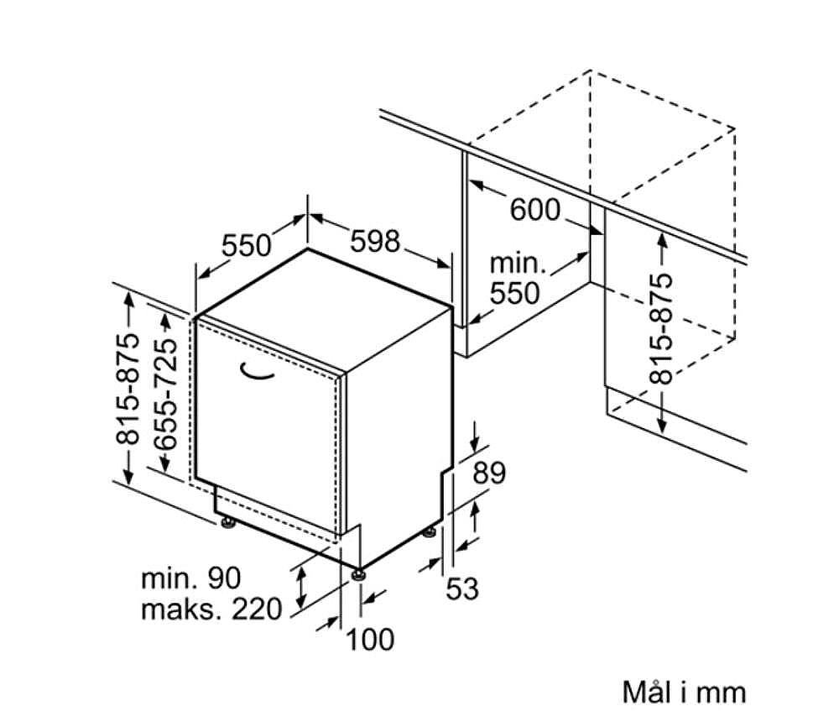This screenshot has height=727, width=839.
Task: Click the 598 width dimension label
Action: point(375,241)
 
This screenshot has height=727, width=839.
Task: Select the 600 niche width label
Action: point(534,209)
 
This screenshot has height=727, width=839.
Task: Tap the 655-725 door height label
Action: point(164,394)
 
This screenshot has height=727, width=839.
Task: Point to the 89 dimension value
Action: point(489,473)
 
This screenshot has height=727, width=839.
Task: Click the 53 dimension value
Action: point(462,588)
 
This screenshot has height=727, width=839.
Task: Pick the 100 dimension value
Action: point(370,639)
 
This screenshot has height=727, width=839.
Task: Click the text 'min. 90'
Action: point(190,578)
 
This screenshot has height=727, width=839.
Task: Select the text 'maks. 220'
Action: point(211,609)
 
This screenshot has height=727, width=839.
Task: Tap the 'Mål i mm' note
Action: point(684,693)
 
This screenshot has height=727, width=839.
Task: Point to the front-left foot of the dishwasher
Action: point(229,522)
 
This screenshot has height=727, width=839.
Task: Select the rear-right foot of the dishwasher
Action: point(429,533)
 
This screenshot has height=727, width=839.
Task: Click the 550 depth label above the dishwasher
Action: point(247,246)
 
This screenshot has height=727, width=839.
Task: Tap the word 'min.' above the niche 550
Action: point(518,264)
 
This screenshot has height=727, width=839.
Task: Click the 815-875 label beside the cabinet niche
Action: point(661,329)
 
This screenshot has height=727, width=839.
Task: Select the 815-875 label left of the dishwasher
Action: point(128,390)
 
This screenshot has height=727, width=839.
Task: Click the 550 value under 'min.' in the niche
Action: point(515,293)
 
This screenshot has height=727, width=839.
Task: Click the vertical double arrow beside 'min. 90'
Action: point(301,586)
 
